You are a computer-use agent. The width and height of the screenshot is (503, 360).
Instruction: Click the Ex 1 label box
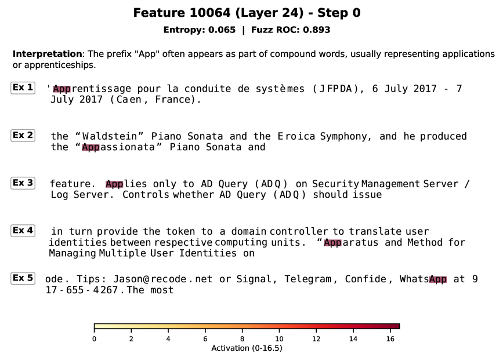[23, 88]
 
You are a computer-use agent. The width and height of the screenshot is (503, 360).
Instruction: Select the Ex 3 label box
[23, 183]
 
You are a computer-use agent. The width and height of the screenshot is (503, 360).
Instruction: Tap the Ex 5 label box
[23, 278]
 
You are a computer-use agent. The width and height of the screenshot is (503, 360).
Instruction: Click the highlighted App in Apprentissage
[61, 89]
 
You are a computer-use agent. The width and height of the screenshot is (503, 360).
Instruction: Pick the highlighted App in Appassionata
[91, 147]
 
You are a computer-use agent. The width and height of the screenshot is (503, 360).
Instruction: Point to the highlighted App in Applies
[114, 184]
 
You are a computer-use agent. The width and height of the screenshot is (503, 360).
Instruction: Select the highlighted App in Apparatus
[332, 242]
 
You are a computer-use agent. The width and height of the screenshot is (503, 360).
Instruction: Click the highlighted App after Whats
[438, 279]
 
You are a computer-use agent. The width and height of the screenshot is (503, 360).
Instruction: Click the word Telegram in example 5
[307, 279]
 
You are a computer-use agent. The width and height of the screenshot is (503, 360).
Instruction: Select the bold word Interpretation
[47, 54]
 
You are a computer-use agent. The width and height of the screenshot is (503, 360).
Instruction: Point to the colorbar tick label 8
[242, 339]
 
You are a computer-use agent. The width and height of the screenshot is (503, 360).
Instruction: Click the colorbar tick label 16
[390, 339]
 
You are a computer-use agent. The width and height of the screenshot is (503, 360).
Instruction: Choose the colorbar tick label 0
[94, 339]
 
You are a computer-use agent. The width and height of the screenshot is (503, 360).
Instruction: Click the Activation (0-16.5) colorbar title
[247, 348]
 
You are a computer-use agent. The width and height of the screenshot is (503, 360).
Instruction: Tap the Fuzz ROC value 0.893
[316, 30]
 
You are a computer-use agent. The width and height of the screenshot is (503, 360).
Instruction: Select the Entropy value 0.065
[222, 30]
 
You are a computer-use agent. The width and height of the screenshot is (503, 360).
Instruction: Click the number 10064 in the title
[210, 13]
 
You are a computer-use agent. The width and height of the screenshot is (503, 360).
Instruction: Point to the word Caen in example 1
[129, 100]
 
